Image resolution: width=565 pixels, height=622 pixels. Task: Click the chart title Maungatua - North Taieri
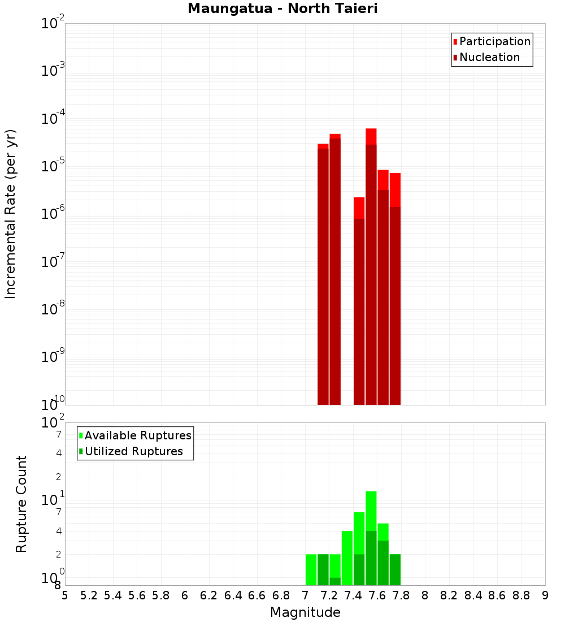tap(282, 9)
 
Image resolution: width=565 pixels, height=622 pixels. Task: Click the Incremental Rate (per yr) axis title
tap(11, 214)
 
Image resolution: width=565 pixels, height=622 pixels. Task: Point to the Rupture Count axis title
tap(21, 504)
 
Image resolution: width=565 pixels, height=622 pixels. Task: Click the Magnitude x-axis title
tap(305, 612)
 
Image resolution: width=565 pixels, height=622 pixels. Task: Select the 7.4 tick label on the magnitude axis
tap(353, 595)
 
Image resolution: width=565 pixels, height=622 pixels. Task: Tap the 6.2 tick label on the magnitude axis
tap(209, 595)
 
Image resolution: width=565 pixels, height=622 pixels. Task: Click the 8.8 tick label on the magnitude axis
tap(521, 595)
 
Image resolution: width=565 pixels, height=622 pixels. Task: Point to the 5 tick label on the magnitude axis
tap(64, 595)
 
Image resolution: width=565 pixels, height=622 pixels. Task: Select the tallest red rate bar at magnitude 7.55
tap(371, 266)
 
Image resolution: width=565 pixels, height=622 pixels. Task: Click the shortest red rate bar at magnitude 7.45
tap(359, 300)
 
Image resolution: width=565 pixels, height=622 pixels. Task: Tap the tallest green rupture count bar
tap(371, 537)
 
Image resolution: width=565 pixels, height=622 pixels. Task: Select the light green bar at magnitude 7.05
tap(311, 569)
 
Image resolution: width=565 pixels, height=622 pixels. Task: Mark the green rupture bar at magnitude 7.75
tap(395, 569)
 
